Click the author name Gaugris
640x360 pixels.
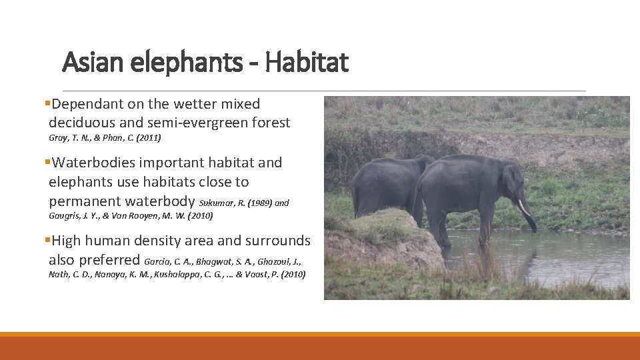click(65, 215)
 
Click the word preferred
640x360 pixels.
click(109, 260)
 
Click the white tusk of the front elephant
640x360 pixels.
click(524, 207)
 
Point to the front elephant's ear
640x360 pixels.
click(513, 183)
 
